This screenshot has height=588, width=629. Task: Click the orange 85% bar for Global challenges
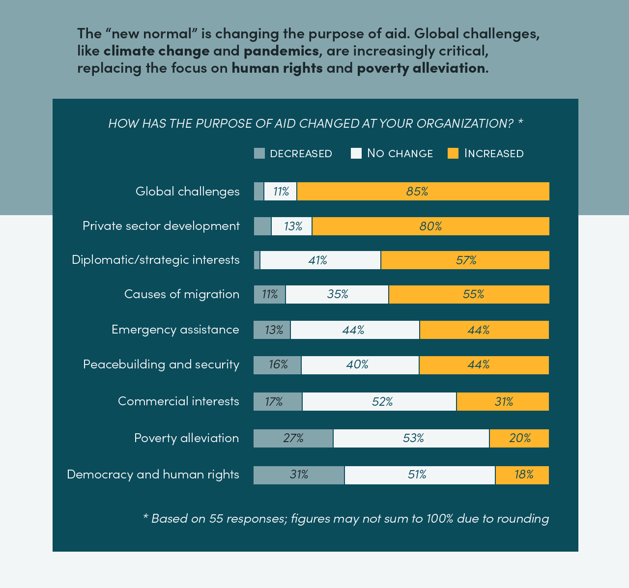pos(423,191)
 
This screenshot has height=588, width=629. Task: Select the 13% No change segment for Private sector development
pos(291,226)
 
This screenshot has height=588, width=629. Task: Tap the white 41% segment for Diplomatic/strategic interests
pos(320,260)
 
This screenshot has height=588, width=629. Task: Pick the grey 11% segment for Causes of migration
pos(269,294)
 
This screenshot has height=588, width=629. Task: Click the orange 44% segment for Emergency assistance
pos(485,330)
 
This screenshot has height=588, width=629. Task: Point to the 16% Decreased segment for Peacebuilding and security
pos(277,365)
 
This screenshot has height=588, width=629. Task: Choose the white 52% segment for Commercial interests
pos(379,401)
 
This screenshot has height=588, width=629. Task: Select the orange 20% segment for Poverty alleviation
pos(519,438)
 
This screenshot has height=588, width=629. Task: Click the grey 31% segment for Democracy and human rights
pos(299,475)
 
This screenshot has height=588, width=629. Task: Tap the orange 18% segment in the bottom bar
pos(522,475)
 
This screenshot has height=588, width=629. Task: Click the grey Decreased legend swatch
pos(259,153)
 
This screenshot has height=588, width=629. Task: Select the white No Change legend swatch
pos(356,153)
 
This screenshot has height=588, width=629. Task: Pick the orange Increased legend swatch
pos(453,153)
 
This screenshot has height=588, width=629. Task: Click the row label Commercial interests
pos(179,401)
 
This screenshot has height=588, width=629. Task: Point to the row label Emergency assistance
pos(175,330)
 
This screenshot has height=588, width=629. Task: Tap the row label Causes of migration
pos(182,294)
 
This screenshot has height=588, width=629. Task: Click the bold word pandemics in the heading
pos(281,51)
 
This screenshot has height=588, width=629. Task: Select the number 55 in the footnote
pos(216,518)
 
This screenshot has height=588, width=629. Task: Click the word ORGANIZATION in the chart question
pos(464,123)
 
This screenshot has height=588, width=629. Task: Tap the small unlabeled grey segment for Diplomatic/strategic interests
pos(257,260)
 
